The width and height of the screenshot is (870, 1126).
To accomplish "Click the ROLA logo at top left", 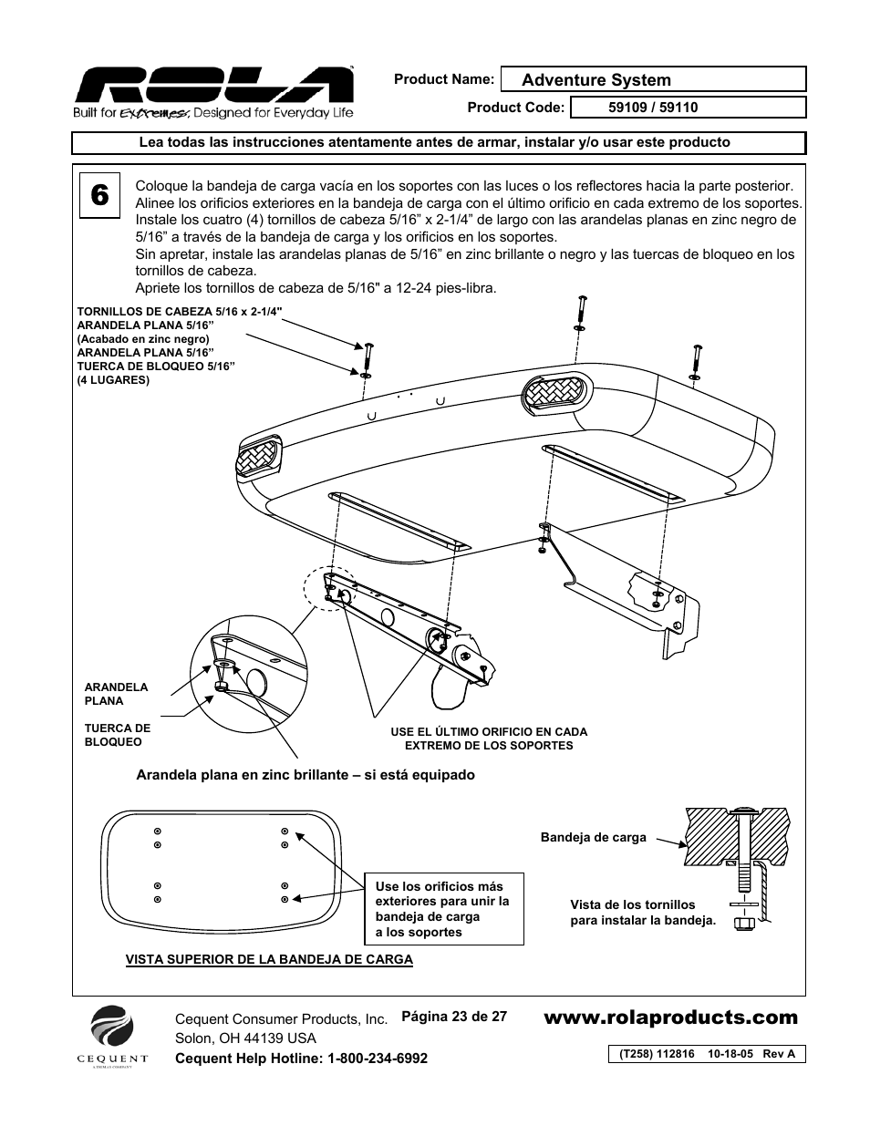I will tap(213, 88).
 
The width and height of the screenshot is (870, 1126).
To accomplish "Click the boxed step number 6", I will tap(101, 195).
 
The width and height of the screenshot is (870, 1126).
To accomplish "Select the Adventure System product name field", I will tap(653, 80).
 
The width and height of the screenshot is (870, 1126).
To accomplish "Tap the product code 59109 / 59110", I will tap(653, 108).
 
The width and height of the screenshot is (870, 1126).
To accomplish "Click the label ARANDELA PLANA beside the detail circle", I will tap(116, 694).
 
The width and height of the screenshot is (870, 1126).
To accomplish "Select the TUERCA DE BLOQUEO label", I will tap(118, 735).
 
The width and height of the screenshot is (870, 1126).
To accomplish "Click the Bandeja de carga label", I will tap(593, 837).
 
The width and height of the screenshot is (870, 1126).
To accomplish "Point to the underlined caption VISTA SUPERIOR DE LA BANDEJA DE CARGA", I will tap(269, 959).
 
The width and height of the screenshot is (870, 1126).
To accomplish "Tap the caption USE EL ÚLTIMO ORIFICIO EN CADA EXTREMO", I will tap(489, 739).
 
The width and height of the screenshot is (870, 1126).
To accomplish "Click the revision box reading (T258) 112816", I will tap(707, 1054).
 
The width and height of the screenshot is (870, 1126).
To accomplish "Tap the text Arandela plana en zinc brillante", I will tap(306, 775).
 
